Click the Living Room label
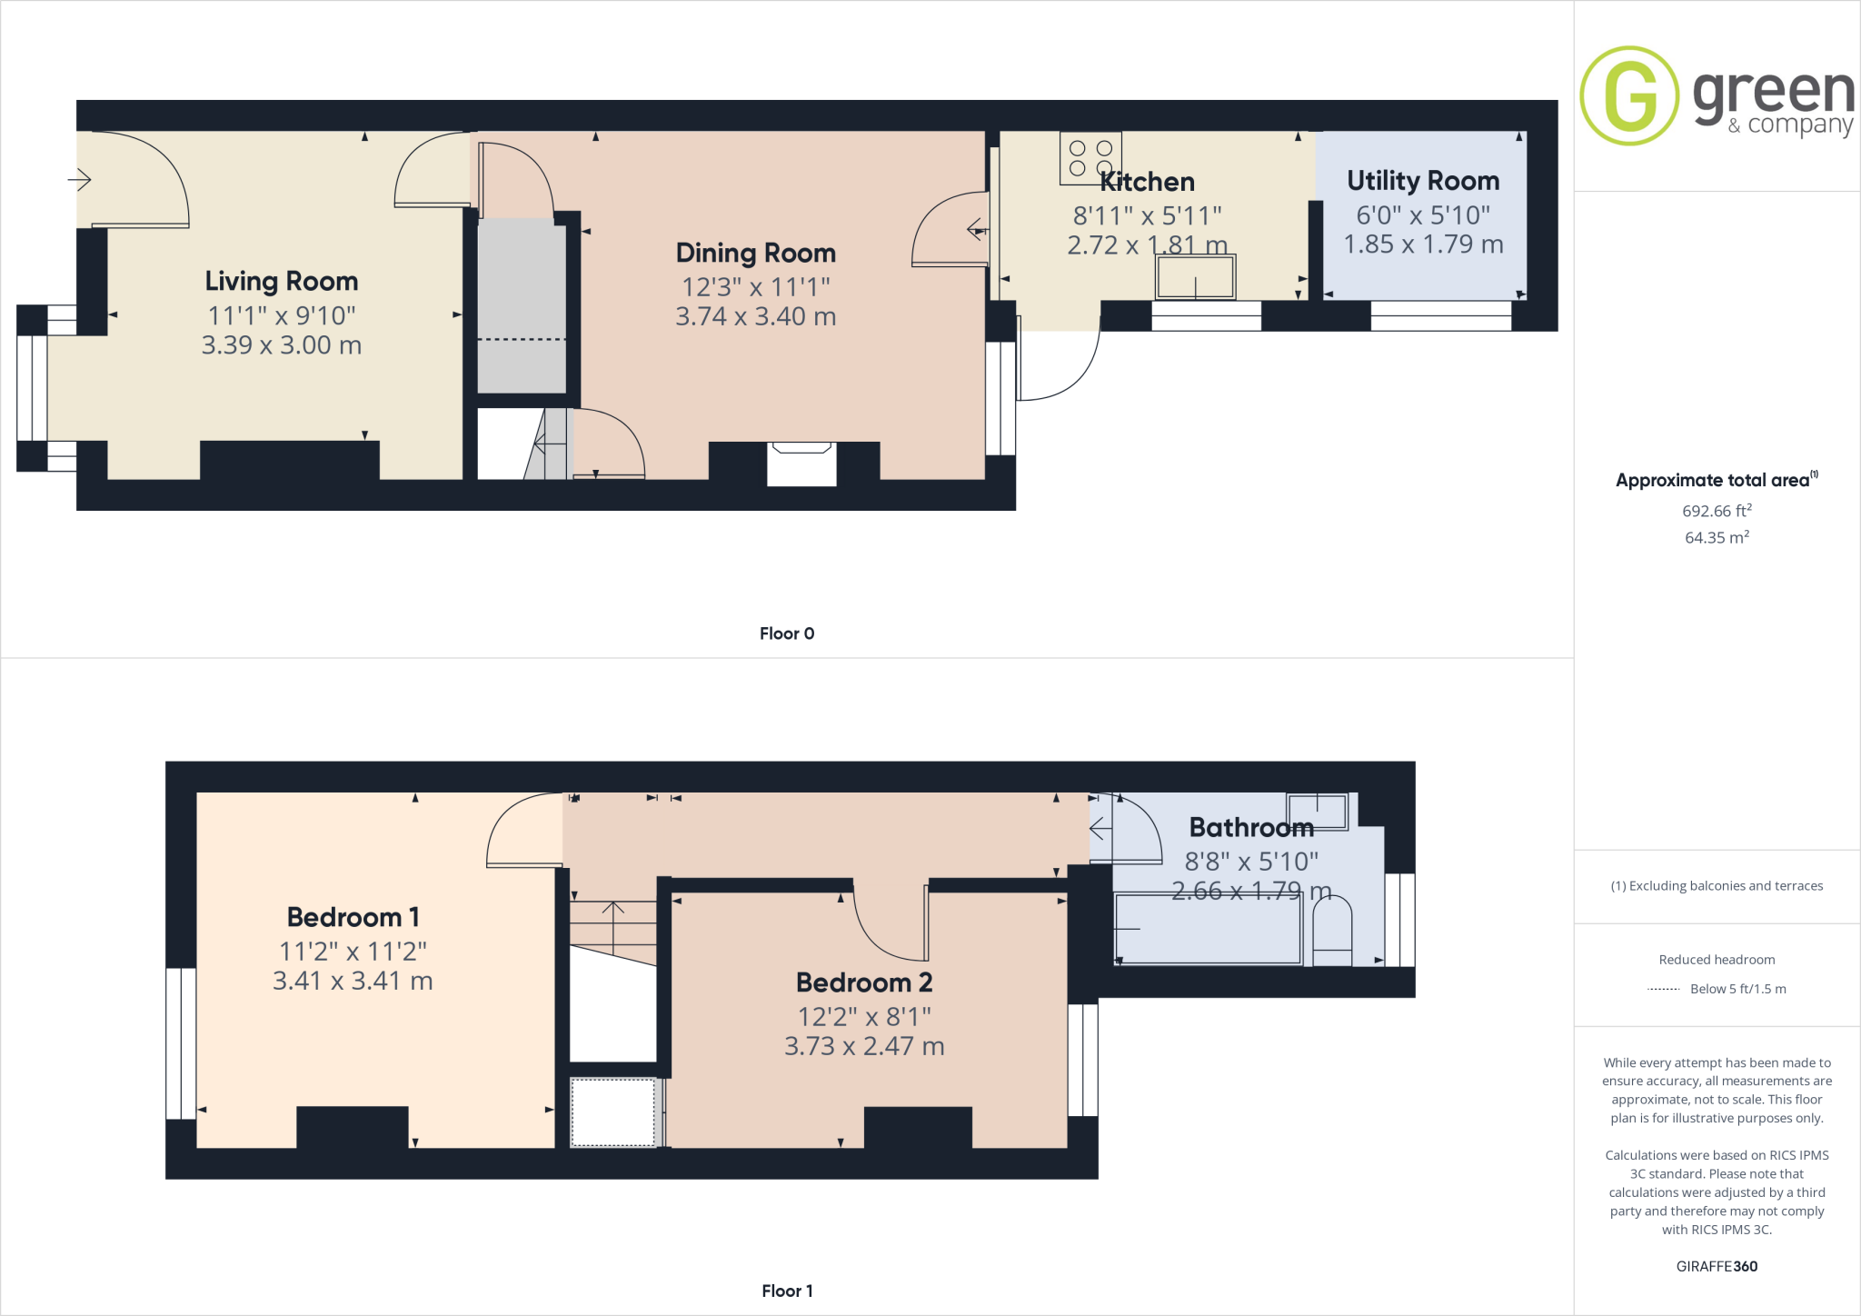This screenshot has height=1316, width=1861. point(281,281)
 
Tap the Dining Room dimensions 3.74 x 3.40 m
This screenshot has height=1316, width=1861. point(755,316)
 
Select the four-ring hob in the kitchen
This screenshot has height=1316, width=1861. point(1090,158)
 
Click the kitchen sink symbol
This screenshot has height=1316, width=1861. point(1195,277)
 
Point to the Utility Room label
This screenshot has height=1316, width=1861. point(1422,181)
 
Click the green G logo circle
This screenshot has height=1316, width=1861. point(1629,95)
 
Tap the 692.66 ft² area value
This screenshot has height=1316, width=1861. point(1717,511)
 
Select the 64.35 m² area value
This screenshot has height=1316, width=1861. point(1717,537)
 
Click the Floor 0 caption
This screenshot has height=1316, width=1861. point(787,633)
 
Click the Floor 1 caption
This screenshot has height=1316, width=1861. point(787,1291)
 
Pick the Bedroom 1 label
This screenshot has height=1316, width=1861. point(353,917)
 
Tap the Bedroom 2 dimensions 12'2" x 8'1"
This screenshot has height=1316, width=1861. point(864,1016)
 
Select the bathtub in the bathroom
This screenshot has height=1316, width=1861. point(1209,929)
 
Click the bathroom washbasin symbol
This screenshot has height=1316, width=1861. point(1317,811)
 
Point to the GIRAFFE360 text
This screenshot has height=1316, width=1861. point(1717,1266)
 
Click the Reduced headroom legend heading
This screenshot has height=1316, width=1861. point(1717,960)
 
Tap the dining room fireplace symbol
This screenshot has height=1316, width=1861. point(801,464)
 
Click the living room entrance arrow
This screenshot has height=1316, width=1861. point(80,180)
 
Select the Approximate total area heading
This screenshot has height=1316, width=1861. point(1713,481)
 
